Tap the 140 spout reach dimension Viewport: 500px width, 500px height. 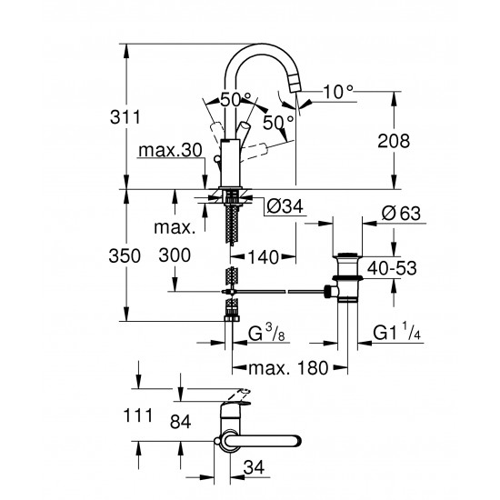[265, 256]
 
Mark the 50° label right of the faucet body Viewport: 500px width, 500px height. [279, 120]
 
